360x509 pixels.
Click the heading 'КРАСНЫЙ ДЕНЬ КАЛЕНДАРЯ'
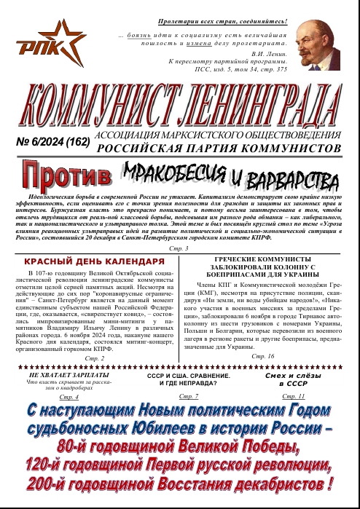pyautogui.click(x=94, y=261)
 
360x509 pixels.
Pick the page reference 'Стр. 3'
pyautogui.click(x=179, y=249)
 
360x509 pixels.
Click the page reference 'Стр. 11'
pyautogui.click(x=293, y=395)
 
